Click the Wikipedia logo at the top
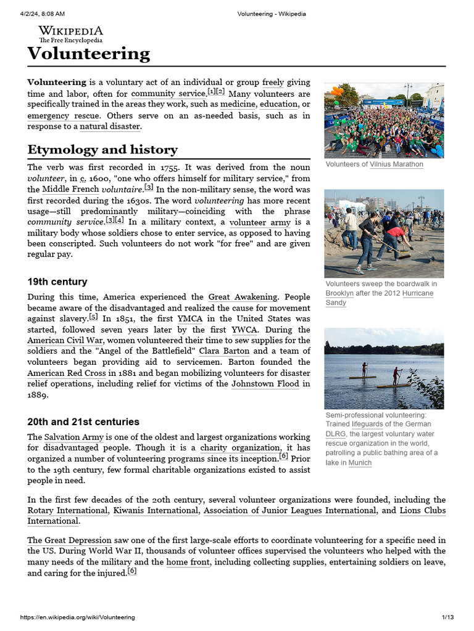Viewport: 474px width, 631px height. point(70,34)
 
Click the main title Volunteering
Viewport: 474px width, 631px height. point(88,54)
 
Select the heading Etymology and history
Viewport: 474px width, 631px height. point(102,150)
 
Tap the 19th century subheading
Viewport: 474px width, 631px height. point(57,282)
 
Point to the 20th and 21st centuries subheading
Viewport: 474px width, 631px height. point(83,422)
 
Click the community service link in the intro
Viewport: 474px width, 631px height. point(168,94)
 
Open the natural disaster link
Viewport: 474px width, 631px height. point(110,127)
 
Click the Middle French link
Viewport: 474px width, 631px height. point(70,190)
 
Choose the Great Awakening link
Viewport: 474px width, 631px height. point(243,297)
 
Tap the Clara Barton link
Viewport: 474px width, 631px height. point(224,351)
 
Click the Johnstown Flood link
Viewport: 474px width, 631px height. point(265,384)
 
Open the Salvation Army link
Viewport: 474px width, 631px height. point(70,438)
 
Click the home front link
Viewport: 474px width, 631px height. point(188,562)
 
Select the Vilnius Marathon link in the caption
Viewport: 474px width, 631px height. point(396,165)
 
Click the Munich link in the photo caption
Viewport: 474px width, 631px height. point(360,463)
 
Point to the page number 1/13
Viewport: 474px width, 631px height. point(447,617)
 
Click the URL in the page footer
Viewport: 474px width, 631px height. point(78,617)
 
